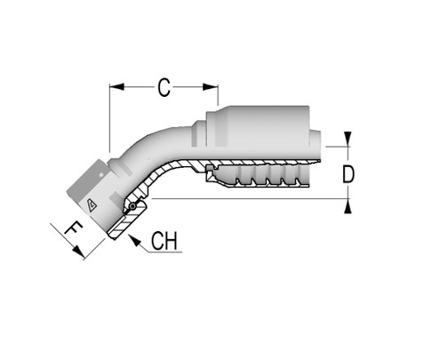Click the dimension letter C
coord(164,87)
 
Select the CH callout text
coord(165,242)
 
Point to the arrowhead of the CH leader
coord(131,238)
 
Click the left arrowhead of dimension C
coord(114,87)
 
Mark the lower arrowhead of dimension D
coord(348,206)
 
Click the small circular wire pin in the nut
coord(132,208)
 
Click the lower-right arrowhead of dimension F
coord(82,255)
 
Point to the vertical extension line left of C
coord(109,116)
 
